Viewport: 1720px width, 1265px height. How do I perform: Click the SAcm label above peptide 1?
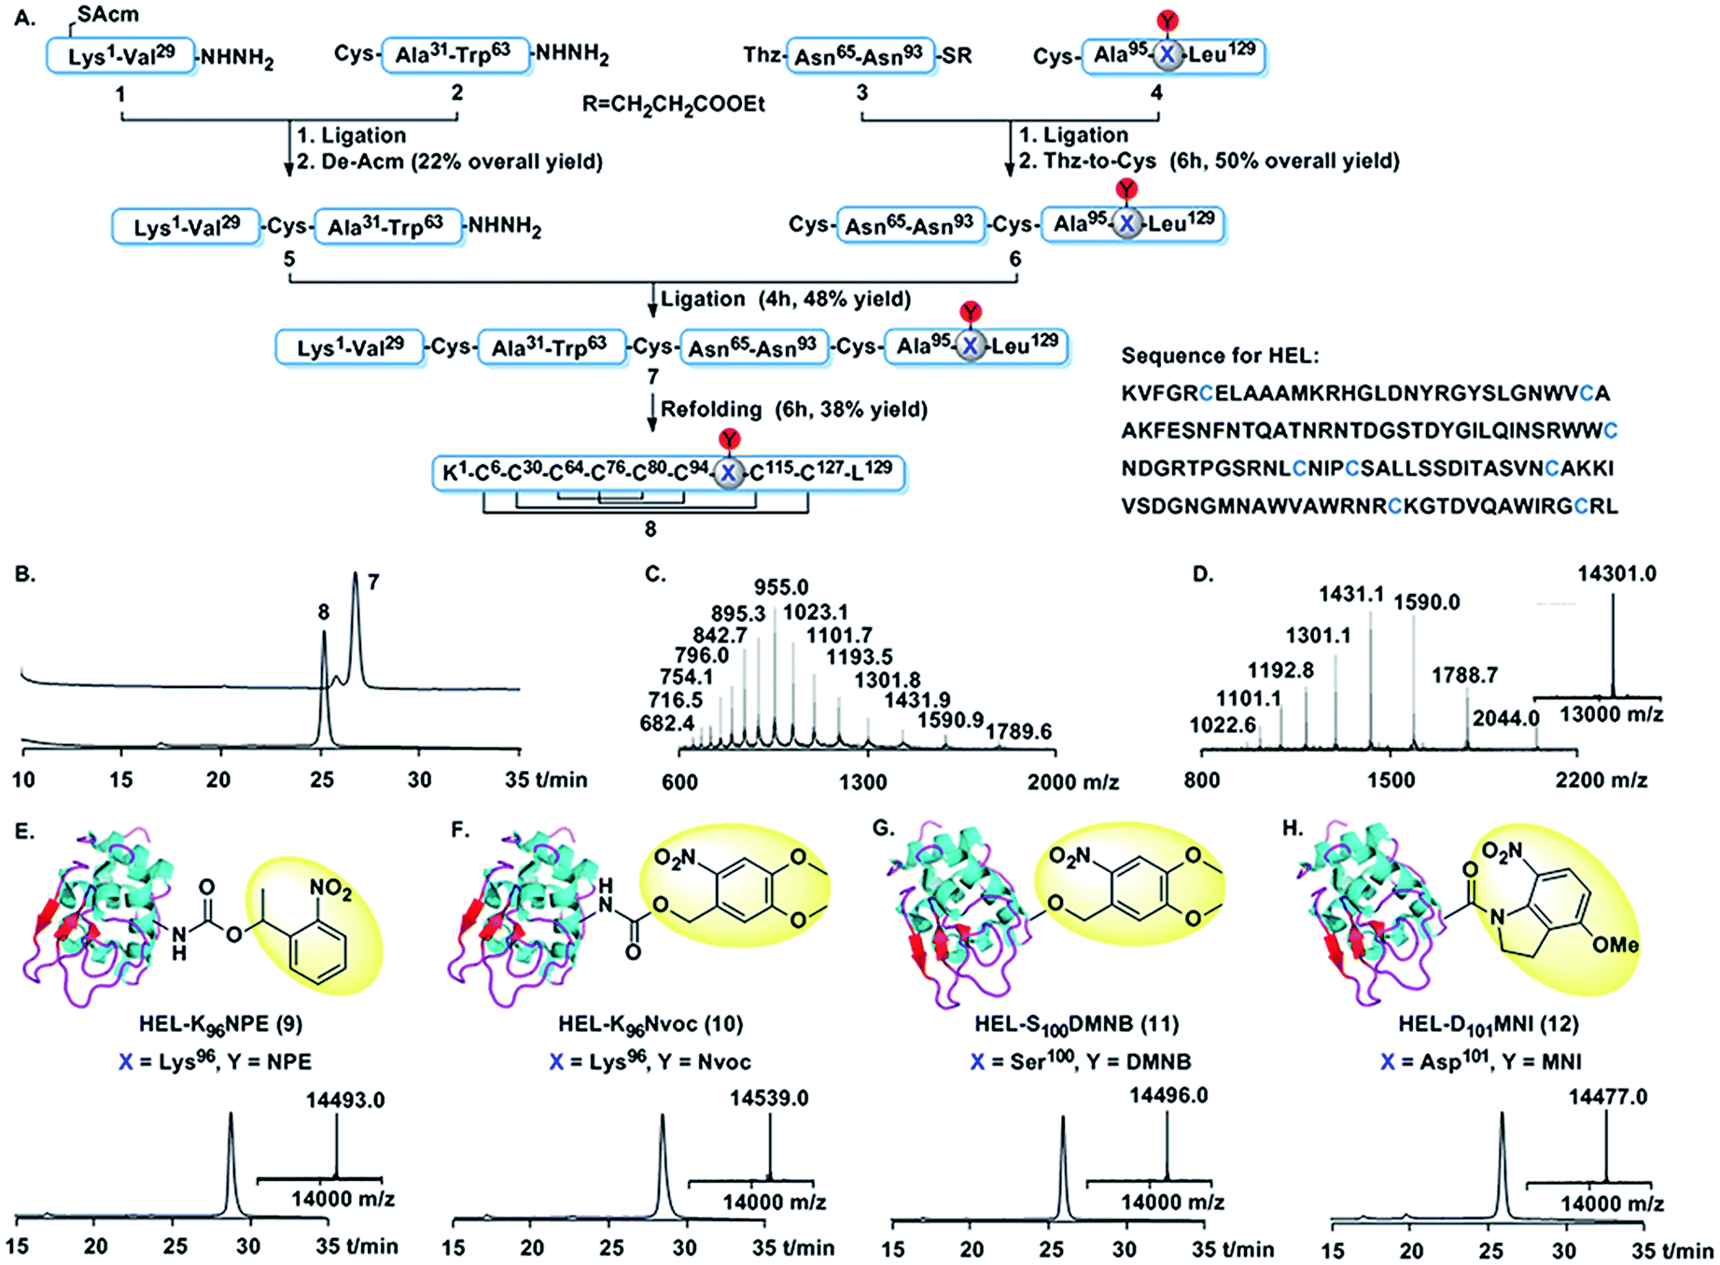[108, 14]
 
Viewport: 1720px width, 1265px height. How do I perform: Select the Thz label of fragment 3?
[762, 56]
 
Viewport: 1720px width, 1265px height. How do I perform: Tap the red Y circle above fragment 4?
[1168, 21]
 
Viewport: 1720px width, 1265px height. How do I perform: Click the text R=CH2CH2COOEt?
[673, 104]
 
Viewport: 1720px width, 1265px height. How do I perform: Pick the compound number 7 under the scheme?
[652, 376]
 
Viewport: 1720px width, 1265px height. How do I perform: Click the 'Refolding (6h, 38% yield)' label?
[794, 410]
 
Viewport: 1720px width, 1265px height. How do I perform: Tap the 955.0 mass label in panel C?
[781, 587]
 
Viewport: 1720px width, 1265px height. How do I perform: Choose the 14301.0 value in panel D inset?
[1616, 573]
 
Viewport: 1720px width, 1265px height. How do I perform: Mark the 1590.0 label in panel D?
[1427, 602]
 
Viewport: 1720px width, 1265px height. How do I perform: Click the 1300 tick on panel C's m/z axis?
[862, 781]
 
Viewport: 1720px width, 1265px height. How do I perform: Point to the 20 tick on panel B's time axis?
[218, 780]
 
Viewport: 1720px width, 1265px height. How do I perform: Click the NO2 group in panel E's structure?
[331, 892]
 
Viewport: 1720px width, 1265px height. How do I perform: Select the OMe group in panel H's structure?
[1615, 945]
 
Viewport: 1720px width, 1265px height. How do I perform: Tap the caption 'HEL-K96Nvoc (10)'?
[650, 1024]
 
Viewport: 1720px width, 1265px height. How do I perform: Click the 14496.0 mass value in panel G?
[1168, 1095]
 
